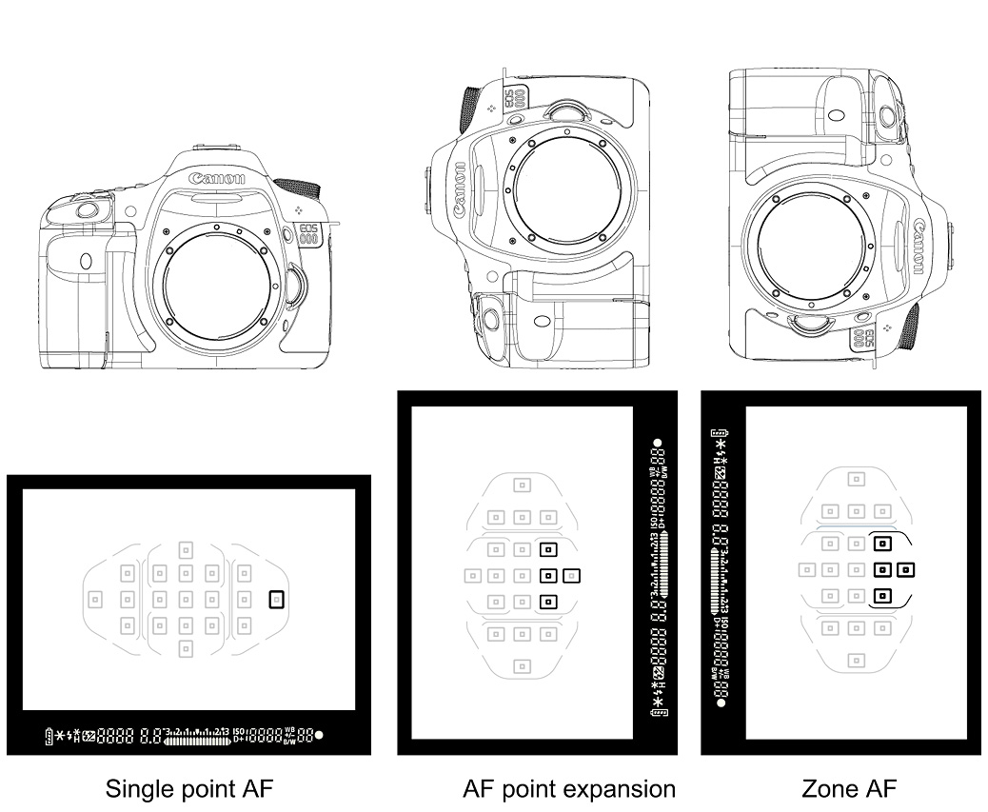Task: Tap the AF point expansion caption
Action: point(568,788)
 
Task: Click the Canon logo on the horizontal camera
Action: point(218,178)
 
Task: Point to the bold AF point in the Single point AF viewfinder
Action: point(277,599)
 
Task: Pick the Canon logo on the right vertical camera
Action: point(918,245)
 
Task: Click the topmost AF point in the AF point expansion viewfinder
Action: point(522,485)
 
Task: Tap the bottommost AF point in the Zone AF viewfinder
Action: point(857,659)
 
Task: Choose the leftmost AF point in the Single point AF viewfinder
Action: point(94,599)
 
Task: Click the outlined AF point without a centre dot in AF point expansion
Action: point(571,574)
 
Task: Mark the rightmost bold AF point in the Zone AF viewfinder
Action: point(905,570)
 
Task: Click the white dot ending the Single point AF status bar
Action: point(318,735)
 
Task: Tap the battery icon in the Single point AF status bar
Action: point(49,735)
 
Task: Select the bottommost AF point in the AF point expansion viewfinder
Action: point(522,664)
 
